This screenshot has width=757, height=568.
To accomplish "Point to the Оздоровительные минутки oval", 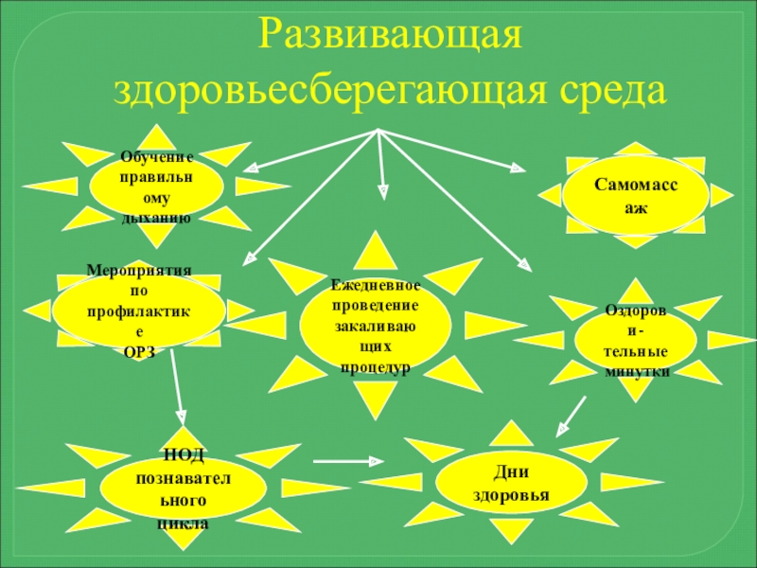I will (636, 341).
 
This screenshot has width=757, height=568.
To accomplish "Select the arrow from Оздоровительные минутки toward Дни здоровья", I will (569, 417).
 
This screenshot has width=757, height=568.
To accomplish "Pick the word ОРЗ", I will (138, 352).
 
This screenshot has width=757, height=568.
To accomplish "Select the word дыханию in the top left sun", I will (156, 218).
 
